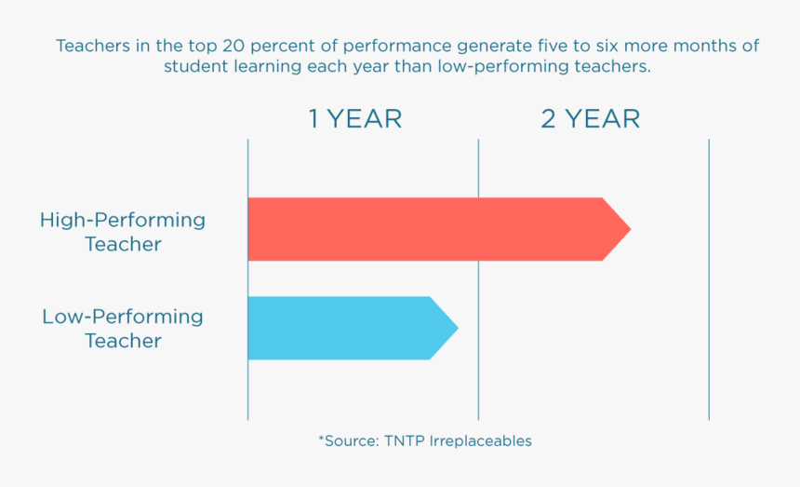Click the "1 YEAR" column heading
[x=355, y=119]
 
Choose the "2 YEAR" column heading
[x=591, y=119]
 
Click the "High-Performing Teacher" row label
[x=123, y=232]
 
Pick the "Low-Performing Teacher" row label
[x=123, y=329]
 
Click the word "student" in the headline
[x=192, y=67]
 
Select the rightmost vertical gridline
[x=709, y=279]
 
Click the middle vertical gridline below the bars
[x=478, y=391]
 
